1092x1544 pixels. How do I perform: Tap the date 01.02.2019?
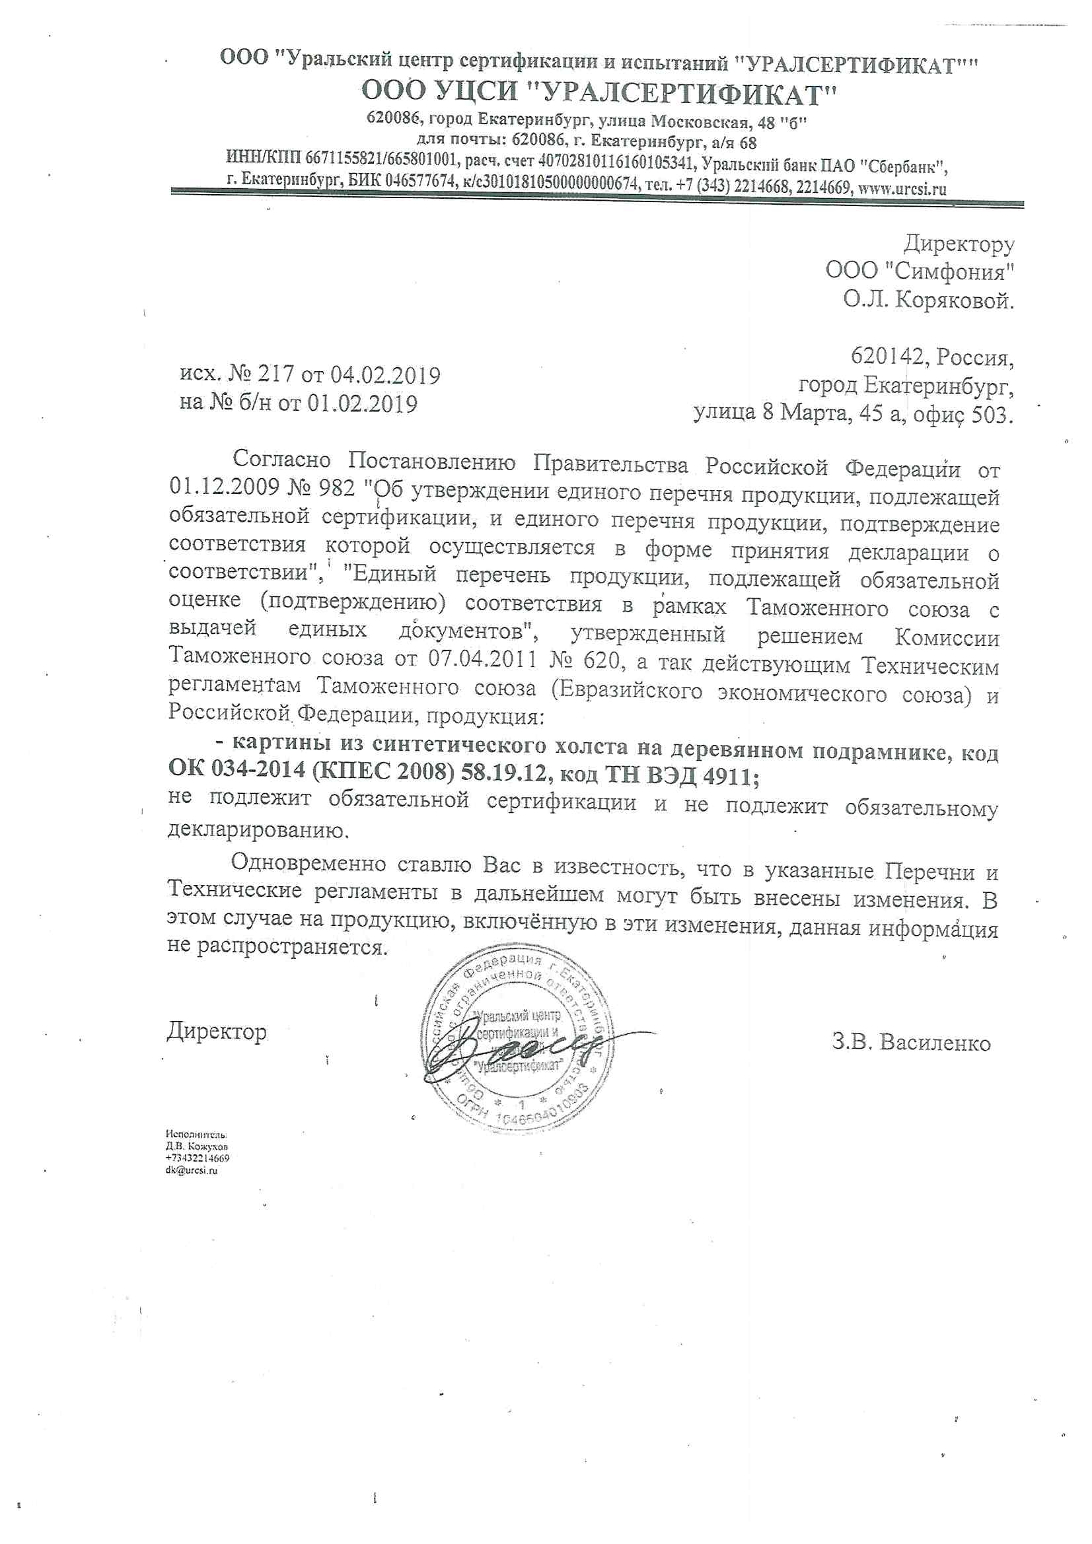click(x=363, y=404)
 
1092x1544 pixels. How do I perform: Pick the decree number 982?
click(x=332, y=487)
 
